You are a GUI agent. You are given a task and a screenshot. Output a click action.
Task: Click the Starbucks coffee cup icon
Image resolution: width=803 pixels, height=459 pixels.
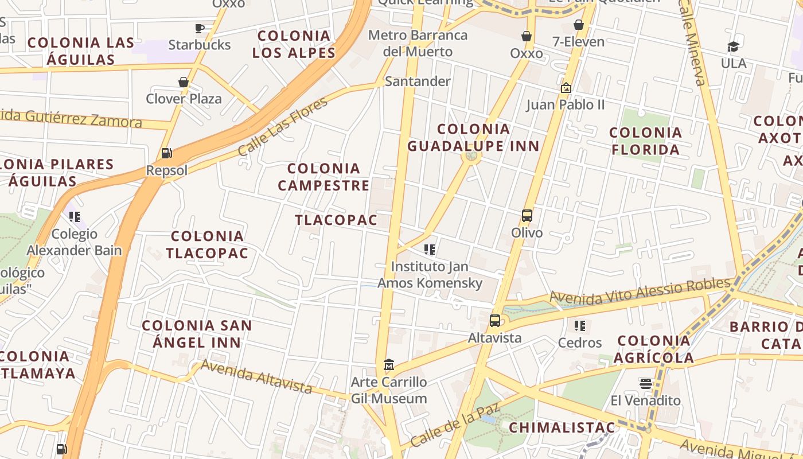point(200,28)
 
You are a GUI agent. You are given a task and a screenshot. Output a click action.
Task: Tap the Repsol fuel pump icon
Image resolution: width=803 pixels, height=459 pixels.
point(167,153)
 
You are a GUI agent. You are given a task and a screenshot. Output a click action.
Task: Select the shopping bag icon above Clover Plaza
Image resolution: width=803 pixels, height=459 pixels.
point(184,82)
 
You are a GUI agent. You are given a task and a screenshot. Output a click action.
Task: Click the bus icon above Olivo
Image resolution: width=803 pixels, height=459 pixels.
point(527,216)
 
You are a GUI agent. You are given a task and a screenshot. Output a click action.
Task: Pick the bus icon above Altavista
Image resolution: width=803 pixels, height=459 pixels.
point(494,321)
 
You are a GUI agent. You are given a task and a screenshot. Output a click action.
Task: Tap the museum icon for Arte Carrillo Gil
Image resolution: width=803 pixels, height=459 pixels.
point(389,365)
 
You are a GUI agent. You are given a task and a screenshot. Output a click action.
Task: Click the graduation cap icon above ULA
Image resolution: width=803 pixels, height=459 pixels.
point(733,46)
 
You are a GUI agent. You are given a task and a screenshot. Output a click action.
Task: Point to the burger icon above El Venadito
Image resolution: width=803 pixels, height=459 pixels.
point(646,383)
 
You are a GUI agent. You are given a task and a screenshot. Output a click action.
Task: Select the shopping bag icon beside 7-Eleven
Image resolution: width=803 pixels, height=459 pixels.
point(579,25)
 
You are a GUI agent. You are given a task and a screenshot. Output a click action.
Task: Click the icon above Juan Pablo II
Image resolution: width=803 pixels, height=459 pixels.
point(566,88)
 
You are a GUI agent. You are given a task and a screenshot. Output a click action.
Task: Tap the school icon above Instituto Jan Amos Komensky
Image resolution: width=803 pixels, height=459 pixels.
point(430,250)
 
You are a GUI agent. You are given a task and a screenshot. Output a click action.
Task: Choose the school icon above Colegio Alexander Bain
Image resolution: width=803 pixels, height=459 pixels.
point(75,217)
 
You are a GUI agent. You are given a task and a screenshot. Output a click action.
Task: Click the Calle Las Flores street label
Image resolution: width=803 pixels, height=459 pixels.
point(283,127)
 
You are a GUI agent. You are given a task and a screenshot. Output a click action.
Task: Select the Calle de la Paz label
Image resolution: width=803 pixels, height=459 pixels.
point(455,425)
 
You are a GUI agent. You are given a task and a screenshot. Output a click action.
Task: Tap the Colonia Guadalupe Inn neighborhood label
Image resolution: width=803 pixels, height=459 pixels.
point(474,138)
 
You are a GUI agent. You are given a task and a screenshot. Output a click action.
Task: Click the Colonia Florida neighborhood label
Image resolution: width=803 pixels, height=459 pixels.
point(645,141)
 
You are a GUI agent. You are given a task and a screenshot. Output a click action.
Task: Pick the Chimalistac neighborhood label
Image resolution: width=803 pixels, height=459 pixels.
point(562,427)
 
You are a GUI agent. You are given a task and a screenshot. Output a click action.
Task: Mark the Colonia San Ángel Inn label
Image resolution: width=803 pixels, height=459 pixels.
point(197,334)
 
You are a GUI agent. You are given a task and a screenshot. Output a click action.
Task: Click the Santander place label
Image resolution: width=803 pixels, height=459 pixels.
point(418,81)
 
